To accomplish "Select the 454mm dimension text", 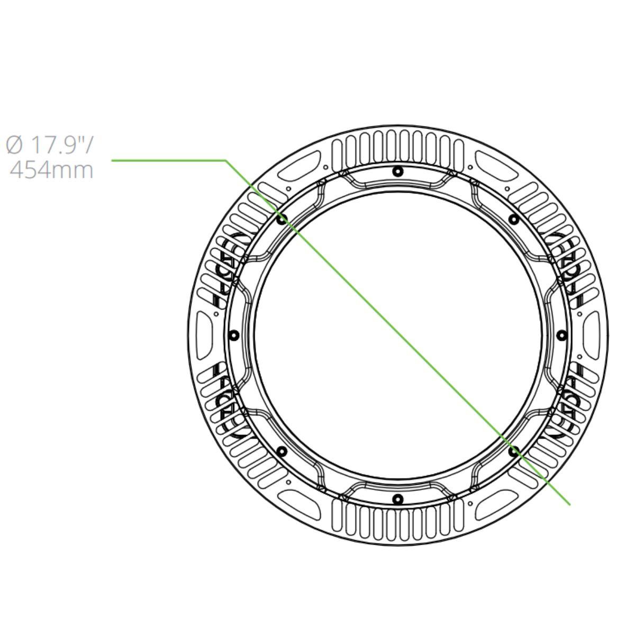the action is pos(51,170).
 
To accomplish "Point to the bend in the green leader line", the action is pos(226,160).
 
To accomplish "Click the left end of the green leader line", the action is pos(112,160).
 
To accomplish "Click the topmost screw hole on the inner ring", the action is pos(398,171).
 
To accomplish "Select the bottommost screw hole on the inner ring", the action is pos(398,499).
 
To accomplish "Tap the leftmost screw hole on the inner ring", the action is pos(234,335).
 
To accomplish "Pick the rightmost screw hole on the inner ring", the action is pos(562,335).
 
